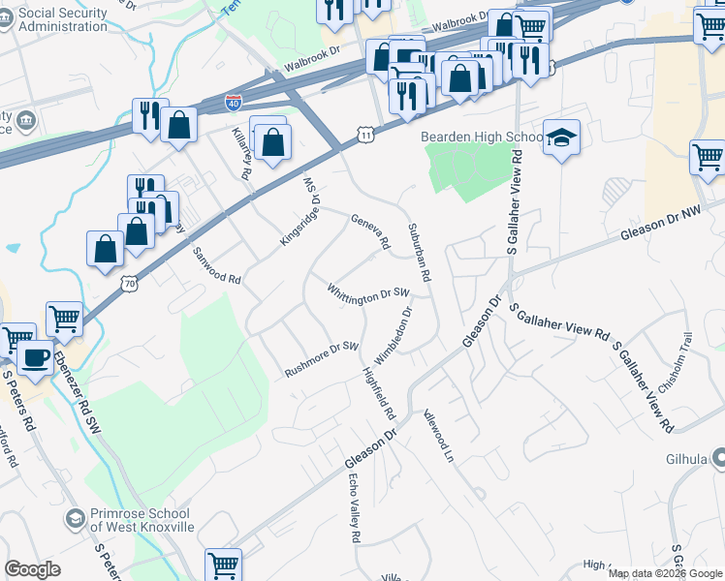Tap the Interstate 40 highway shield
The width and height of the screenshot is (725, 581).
coord(234,101)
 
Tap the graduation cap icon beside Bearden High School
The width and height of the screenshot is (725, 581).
coord(560,138)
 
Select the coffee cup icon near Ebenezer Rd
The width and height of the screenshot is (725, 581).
coord(37,356)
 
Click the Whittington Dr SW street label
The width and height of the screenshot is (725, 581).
coord(368,294)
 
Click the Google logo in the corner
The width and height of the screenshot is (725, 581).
coord(32,569)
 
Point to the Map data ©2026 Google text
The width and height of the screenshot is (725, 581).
coord(665,573)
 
